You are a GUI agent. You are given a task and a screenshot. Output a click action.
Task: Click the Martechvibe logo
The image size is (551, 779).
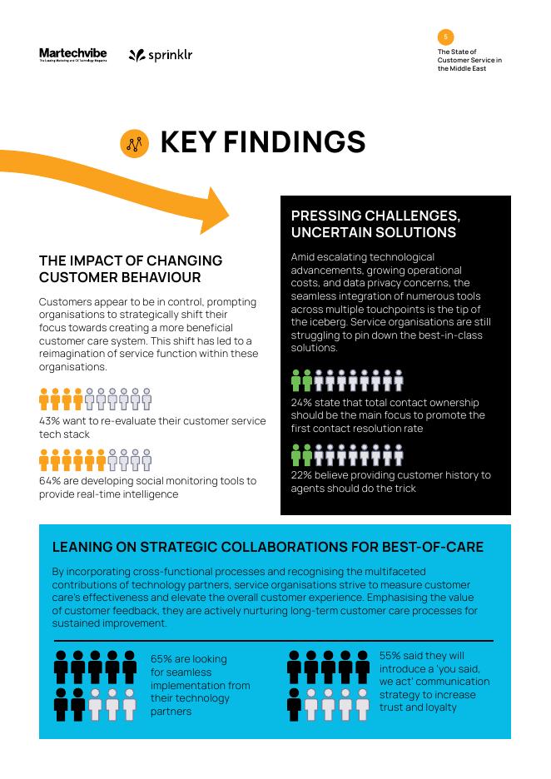pyautogui.click(x=73, y=55)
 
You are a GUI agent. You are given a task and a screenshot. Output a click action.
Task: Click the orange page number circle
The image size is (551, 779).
pyautogui.click(x=445, y=37)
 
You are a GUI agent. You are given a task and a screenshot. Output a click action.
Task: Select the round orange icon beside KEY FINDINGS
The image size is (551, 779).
pyautogui.click(x=135, y=143)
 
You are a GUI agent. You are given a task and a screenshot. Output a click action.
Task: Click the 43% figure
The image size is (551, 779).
pyautogui.click(x=50, y=421)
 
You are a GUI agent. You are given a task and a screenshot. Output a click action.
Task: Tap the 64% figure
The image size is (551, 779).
pyautogui.click(x=50, y=481)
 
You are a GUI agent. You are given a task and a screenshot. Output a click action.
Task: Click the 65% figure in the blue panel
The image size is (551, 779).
pyautogui.click(x=162, y=659)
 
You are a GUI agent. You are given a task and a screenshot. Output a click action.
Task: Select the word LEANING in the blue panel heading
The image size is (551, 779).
pyautogui.click(x=84, y=547)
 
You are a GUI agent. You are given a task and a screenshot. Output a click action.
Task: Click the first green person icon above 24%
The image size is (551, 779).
pyautogui.click(x=296, y=380)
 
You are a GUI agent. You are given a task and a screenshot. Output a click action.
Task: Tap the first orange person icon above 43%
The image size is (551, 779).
pyautogui.click(x=44, y=399)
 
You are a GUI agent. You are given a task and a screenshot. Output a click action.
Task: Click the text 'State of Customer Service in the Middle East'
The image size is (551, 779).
pyautogui.click(x=469, y=60)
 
